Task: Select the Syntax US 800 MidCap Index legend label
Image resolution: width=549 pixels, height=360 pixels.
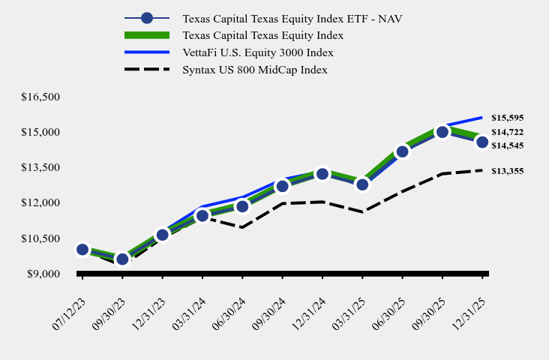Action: coord(254,70)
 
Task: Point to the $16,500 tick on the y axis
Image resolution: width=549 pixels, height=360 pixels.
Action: coord(41,97)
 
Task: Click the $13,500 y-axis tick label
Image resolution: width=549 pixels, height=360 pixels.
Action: coord(41,167)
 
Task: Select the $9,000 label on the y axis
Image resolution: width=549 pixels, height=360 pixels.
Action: coord(43,274)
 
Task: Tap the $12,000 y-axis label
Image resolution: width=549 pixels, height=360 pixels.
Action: coord(41,203)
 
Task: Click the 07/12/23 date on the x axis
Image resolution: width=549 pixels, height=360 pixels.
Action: coord(68,300)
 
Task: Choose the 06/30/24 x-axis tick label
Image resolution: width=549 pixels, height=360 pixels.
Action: coord(229,300)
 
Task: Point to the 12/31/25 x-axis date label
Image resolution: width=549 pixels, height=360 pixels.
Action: coord(469,300)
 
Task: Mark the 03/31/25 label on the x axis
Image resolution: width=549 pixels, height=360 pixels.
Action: coord(349,300)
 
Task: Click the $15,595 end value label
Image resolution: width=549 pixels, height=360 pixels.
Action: coord(507,118)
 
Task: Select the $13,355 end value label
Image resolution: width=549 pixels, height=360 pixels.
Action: coord(507,171)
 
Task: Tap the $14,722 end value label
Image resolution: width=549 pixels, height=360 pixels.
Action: coord(507,132)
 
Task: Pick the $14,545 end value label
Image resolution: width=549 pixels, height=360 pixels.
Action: coord(507,145)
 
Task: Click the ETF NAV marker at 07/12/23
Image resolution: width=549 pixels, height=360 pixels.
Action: coord(82,250)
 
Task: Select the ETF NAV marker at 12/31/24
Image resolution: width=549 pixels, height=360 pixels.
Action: coord(322,174)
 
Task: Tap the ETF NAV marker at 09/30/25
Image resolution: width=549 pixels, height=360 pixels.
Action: coord(442,132)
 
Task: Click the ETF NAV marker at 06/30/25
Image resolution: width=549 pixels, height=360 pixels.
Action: coord(403,151)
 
